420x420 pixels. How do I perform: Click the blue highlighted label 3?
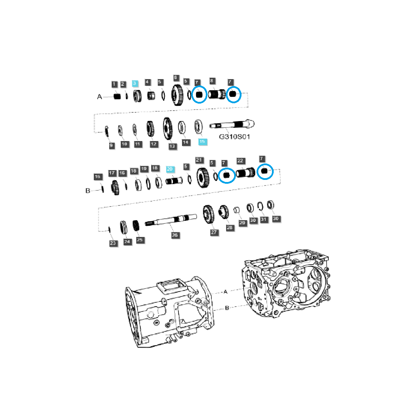[135, 84]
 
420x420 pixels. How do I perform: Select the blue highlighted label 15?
[202, 142]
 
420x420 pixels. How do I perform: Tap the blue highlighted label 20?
[170, 169]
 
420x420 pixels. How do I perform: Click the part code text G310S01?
[234, 137]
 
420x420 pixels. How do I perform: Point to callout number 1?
[114, 84]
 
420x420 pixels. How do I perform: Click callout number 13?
[172, 146]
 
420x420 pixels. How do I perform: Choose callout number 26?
[175, 235]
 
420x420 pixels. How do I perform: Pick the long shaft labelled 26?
[171, 220]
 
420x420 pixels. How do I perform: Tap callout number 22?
[240, 161]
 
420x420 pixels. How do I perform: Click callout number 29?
[242, 223]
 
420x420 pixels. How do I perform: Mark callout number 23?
[113, 243]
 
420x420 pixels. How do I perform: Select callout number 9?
[112, 146]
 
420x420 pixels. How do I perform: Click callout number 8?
[211, 81]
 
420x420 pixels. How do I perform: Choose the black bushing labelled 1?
[117, 96]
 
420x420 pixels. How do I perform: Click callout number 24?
[127, 242]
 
